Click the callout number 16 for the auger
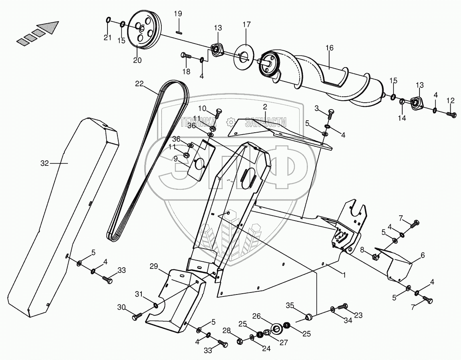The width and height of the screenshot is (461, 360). click(x=329, y=48)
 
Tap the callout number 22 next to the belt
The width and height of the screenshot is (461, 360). click(x=139, y=84)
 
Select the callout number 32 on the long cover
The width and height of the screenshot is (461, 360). click(x=45, y=163)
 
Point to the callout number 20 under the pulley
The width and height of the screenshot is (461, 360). click(x=137, y=61)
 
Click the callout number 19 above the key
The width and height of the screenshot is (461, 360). click(x=178, y=14)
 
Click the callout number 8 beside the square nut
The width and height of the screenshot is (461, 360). click(x=362, y=250)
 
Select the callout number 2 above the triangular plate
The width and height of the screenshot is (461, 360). click(x=264, y=106)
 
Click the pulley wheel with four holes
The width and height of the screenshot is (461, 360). click(x=143, y=30)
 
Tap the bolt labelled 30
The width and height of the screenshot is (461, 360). click(x=136, y=317)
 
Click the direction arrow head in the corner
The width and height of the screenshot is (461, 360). click(x=51, y=26)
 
